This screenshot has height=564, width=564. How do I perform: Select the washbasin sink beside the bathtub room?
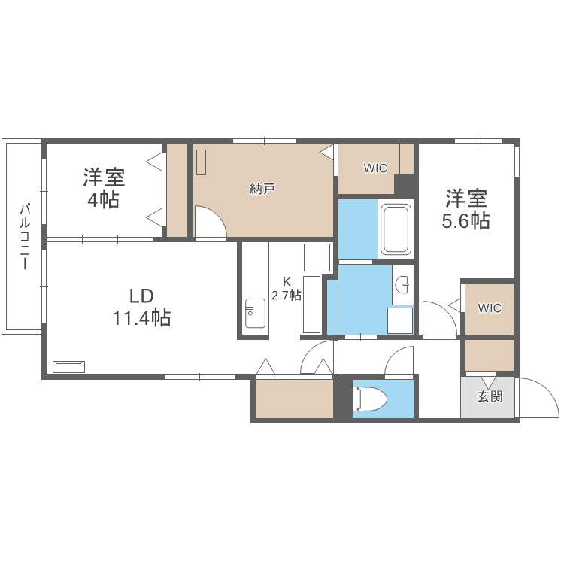[x=403, y=284]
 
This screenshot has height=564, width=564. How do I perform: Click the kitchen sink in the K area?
[x=254, y=314]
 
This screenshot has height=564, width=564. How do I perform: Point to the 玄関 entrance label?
[x=489, y=396]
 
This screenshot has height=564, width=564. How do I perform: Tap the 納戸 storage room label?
[x=262, y=189]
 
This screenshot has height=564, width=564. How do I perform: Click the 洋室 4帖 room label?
[x=104, y=189]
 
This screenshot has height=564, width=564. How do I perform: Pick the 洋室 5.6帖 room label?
[x=467, y=209]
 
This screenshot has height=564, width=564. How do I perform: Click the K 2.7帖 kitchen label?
[x=286, y=290]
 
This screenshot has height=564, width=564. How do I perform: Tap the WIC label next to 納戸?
[x=375, y=168]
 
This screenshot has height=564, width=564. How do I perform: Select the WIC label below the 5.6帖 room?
[x=489, y=308]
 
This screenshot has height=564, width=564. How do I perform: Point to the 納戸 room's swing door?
[x=209, y=222]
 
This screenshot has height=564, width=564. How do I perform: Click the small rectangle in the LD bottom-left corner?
[x=69, y=366]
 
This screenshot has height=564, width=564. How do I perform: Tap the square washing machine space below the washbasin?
[x=400, y=320]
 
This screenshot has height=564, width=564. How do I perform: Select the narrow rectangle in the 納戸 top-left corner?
[x=201, y=162]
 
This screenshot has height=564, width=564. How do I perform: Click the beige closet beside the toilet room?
[x=294, y=399]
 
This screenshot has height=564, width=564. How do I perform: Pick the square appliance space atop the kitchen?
[x=317, y=257]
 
